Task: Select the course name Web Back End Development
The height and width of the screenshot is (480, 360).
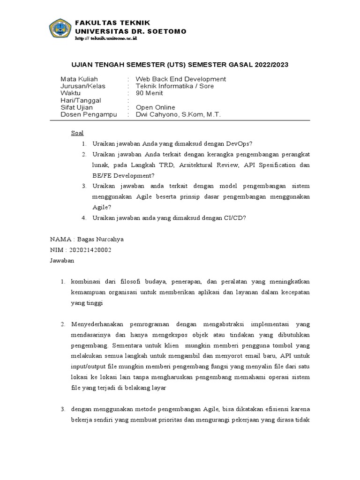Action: tap(180, 79)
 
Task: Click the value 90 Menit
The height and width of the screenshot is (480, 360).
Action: tap(149, 93)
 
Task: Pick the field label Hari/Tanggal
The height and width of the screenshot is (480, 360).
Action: tap(81, 100)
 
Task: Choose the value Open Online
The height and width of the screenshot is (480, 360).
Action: tap(155, 107)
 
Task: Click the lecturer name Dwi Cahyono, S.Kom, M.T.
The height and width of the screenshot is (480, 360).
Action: tap(178, 114)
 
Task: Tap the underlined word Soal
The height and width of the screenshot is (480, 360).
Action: tap(77, 133)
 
